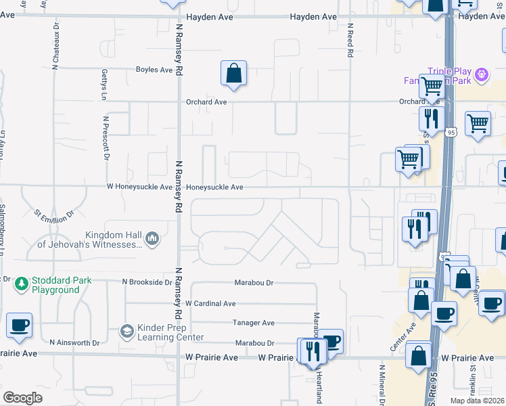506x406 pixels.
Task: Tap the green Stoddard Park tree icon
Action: [22, 284]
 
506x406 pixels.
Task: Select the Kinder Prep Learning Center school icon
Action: [126, 331]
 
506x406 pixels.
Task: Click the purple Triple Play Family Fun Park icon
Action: [482, 74]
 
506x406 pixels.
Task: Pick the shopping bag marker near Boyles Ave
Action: [233, 74]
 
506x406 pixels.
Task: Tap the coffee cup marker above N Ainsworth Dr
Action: [20, 325]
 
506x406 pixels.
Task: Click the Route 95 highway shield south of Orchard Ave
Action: [451, 132]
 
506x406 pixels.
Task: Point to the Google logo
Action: [22, 398]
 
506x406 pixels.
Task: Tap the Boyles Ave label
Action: [154, 70]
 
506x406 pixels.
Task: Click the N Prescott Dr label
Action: [106, 137]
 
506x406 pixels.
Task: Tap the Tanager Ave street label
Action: [254, 323]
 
